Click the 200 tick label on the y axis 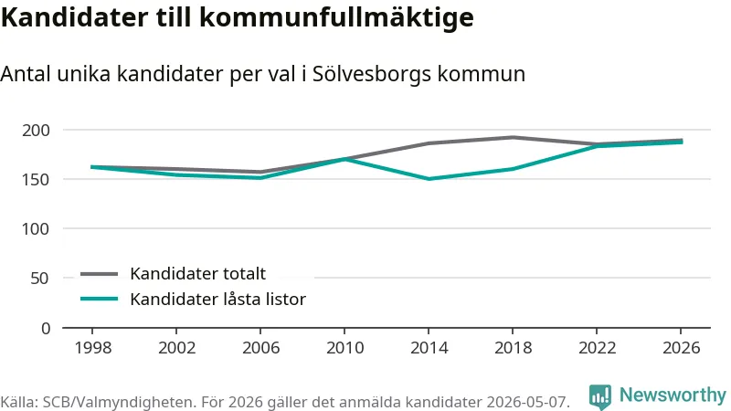click(36, 131)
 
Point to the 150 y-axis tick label click(36, 180)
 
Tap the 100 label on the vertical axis click(36, 229)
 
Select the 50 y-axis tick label click(40, 279)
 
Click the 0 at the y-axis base click(46, 329)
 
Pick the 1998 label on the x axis click(93, 348)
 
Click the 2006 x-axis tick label click(260, 348)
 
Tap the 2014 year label click(429, 348)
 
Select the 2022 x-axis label click(598, 348)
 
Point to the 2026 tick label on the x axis click(681, 348)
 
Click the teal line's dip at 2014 click(429, 179)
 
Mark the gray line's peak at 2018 click(513, 137)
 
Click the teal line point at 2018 click(513, 169)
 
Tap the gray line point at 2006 click(260, 172)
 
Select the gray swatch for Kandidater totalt click(99, 274)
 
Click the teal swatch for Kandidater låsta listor click(99, 299)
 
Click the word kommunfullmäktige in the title click(336, 17)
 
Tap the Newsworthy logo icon click(600, 397)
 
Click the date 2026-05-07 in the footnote click(528, 402)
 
